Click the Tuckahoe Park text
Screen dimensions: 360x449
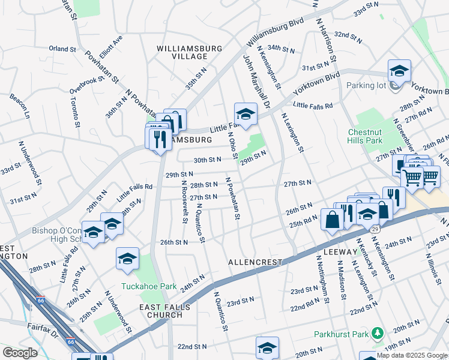pyautogui.click(x=149, y=286)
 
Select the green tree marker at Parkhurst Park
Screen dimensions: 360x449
pyautogui.click(x=378, y=332)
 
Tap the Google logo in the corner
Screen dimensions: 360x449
pyautogui.click(x=20, y=353)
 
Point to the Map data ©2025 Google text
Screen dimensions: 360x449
pyautogui.click(x=412, y=355)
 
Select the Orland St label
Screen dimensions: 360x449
pyautogui.click(x=63, y=49)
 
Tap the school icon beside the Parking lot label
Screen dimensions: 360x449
pyautogui.click(x=399, y=71)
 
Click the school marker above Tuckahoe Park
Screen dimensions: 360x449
pyautogui.click(x=127, y=259)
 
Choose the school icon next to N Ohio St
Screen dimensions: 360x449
pyautogui.click(x=246, y=113)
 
